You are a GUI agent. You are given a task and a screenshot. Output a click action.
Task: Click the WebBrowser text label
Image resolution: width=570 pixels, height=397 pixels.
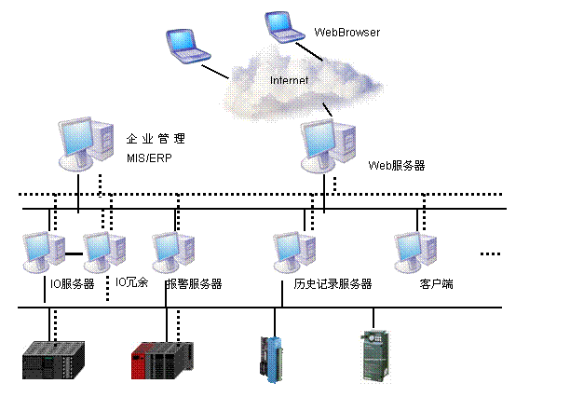[x=346, y=33]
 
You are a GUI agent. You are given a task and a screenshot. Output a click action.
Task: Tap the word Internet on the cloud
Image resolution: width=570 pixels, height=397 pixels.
[x=289, y=81]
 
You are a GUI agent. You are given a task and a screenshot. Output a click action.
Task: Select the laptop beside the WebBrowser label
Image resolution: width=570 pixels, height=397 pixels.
[x=283, y=27]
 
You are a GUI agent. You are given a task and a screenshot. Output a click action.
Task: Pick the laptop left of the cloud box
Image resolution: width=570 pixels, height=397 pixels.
[x=187, y=46]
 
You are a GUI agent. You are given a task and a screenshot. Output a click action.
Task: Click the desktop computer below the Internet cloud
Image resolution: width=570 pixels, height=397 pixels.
[x=329, y=147]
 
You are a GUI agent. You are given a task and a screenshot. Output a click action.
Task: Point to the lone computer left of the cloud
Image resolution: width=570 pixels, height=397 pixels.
[x=86, y=144]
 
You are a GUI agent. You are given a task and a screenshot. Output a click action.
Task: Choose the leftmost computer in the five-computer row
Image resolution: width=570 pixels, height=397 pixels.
[x=44, y=252]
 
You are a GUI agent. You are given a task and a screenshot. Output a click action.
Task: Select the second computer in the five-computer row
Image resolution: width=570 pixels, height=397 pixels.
[x=104, y=252]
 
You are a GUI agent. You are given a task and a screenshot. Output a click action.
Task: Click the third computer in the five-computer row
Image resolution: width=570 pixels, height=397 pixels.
[x=173, y=252]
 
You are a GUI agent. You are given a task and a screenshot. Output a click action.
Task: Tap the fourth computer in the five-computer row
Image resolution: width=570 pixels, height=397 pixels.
[x=294, y=252]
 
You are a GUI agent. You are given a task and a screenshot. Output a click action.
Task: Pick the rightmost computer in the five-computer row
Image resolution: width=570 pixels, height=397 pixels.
[x=415, y=252]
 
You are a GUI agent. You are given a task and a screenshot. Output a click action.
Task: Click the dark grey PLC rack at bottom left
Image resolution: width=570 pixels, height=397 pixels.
[x=53, y=360]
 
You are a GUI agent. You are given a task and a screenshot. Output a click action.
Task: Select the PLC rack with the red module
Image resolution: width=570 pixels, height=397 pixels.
[x=162, y=360]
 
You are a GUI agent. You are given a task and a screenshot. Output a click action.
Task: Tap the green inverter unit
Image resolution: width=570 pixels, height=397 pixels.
[x=374, y=355]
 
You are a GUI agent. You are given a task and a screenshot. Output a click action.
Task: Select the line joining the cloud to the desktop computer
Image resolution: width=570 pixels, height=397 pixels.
[x=328, y=110]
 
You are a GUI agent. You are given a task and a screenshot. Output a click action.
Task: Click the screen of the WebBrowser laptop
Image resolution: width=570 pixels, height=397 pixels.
[x=278, y=22]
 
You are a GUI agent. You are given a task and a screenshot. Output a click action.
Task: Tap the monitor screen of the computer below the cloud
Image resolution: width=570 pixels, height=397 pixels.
[x=319, y=142]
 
